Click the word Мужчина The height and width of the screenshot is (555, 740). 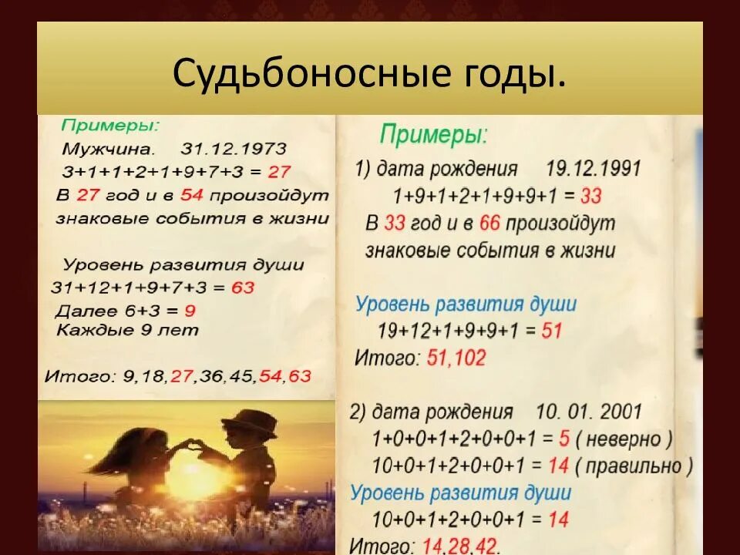tap(109, 148)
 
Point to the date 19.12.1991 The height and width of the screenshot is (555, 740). tap(593, 169)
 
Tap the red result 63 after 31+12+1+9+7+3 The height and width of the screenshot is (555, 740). tap(242, 288)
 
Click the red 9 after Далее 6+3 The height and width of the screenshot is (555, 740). tap(190, 311)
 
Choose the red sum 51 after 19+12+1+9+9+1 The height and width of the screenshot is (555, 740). tap(552, 331)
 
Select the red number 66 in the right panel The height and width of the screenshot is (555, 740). tap(489, 224)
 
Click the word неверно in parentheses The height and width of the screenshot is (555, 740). tap(624, 439)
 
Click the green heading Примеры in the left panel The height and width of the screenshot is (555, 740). tap(111, 125)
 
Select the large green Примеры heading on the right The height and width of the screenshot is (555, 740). tap(434, 136)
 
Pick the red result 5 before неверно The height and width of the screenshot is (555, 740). tap(564, 439)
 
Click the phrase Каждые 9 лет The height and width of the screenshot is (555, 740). tap(127, 331)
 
